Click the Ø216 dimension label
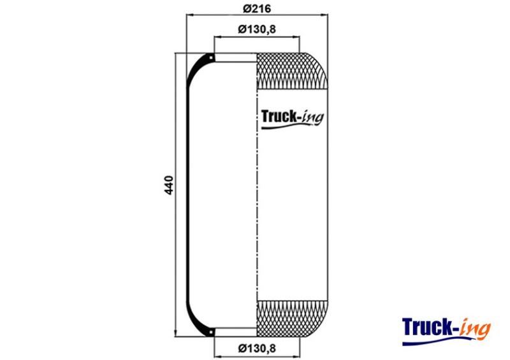257,8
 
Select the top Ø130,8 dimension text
257,29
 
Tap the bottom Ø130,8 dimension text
257,349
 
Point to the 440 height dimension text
169,185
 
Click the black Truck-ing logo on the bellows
293,119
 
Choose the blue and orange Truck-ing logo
446,331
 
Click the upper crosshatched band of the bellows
292,71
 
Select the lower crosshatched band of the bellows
292,319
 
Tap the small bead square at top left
212,58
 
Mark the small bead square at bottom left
212,332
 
